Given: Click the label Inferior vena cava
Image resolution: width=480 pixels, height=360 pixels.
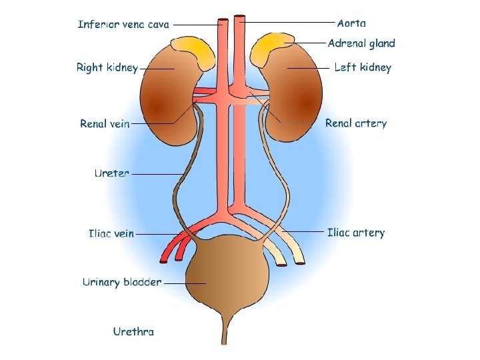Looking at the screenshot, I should pos(123,25).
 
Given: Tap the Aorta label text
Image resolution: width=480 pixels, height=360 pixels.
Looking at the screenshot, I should pos(351,23).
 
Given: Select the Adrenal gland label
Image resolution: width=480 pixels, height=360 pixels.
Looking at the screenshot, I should pos(361,43).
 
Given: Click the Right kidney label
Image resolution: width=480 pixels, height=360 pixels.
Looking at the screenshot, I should pos(107,67).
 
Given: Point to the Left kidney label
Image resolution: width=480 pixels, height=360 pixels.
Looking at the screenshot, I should pos(363,67).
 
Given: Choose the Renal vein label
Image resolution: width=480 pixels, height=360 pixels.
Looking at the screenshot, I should pos(105,124).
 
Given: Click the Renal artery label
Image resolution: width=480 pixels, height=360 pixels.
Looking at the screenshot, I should pos(356,123).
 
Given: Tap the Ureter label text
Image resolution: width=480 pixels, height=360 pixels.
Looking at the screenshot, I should pos(111,173).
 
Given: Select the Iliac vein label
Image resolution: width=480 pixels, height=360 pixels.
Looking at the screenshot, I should pos(111,234).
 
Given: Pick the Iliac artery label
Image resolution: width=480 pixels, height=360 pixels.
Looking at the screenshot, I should pos(356,233).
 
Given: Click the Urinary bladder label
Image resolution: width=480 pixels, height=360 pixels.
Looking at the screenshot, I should pos(122,282).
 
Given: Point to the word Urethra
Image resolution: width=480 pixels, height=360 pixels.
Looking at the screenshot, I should pos(133,331).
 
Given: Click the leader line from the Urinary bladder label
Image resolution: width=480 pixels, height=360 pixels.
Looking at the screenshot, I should pos(183,283).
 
